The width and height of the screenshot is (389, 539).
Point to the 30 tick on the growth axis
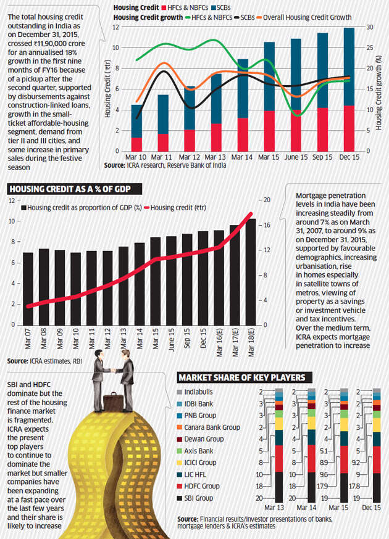pos(370,27)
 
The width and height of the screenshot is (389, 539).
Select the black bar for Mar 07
pos(28,289)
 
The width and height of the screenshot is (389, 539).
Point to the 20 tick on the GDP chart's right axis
pos(267,200)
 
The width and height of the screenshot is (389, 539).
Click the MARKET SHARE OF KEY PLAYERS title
pos(245,377)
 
